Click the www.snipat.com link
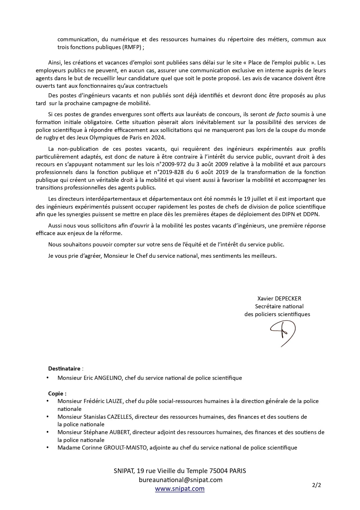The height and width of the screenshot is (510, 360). click(x=180, y=488)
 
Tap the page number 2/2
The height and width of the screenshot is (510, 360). click(x=317, y=485)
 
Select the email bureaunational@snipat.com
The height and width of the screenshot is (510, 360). click(x=181, y=480)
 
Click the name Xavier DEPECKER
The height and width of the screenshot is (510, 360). click(x=279, y=298)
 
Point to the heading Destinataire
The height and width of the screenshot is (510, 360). click(x=64, y=368)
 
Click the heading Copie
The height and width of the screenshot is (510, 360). click(x=57, y=393)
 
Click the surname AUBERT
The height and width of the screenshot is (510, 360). click(x=118, y=432)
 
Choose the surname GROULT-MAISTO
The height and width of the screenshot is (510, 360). click(x=126, y=448)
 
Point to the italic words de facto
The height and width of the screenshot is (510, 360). click(x=279, y=114)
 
